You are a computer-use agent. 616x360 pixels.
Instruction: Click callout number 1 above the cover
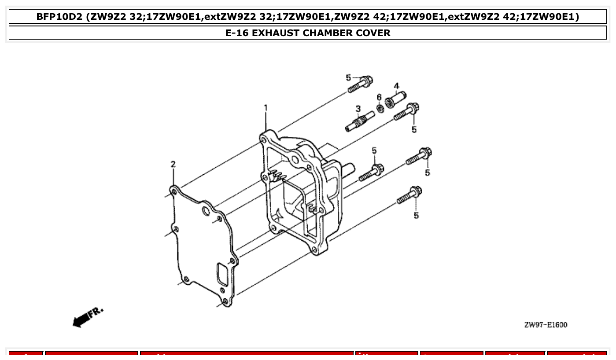266,107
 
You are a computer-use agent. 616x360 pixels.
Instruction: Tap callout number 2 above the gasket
173,164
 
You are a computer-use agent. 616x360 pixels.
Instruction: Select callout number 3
358,108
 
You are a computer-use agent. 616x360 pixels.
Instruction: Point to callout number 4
396,85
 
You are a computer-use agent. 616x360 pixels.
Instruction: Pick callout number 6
379,97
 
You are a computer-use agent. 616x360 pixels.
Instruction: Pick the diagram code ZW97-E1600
546,325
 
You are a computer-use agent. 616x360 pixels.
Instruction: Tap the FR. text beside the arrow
96,312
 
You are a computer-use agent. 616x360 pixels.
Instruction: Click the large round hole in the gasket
206,212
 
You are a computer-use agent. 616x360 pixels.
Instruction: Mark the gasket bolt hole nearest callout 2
173,192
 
